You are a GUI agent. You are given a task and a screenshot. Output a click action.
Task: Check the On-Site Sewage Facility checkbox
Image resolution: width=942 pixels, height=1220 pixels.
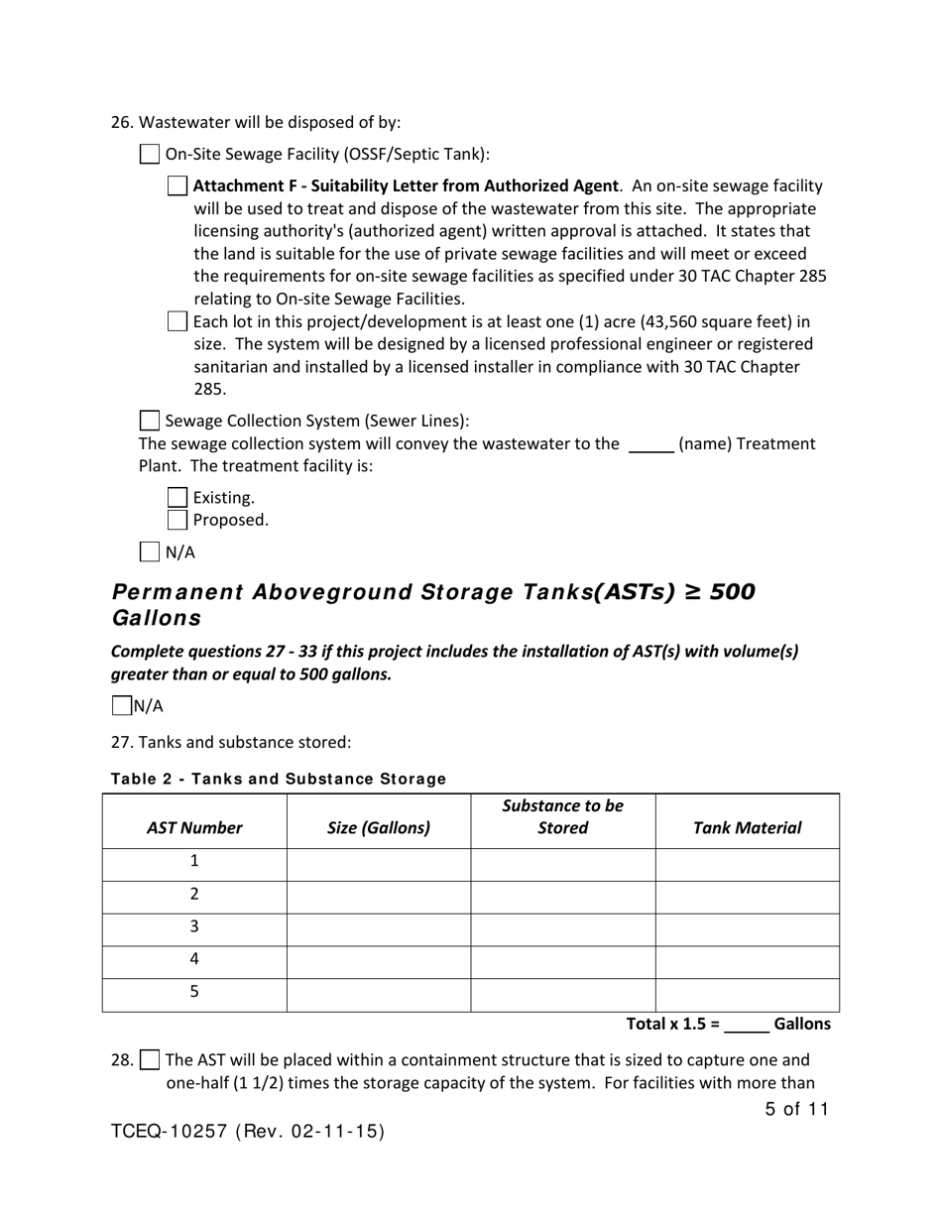149,154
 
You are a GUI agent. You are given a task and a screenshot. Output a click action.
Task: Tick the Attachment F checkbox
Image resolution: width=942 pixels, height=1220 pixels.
177,185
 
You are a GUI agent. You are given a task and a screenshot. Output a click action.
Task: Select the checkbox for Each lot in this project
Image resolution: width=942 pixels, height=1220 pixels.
177,321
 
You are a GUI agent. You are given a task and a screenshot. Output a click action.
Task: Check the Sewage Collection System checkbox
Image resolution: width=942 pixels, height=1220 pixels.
149,421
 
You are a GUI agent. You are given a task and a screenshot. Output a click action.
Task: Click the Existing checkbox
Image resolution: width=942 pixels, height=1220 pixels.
177,497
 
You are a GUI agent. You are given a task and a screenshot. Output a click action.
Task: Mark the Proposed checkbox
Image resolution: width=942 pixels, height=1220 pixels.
177,520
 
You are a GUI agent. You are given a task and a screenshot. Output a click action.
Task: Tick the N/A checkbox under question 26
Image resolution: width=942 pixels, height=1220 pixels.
149,551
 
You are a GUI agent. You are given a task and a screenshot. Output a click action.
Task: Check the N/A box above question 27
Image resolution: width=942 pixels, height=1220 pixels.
121,706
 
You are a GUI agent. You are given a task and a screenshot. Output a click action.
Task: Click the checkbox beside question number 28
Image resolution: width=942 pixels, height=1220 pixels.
149,1059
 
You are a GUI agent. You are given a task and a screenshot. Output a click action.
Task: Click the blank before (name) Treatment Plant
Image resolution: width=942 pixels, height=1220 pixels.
651,444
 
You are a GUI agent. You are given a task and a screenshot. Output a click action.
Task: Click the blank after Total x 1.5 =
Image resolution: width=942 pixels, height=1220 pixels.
747,1024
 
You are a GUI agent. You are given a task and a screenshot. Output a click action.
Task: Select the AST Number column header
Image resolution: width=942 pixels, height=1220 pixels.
194,828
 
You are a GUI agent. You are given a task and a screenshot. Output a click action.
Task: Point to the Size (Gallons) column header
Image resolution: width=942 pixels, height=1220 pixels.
379,828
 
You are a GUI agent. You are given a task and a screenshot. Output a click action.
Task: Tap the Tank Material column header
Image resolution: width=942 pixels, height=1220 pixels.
747,828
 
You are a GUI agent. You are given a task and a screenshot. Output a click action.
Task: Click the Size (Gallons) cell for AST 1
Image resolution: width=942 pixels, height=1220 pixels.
379,864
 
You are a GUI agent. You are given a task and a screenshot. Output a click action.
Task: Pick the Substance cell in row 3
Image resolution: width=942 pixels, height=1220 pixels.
562,929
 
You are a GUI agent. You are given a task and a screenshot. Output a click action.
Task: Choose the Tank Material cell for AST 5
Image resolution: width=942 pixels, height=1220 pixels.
747,995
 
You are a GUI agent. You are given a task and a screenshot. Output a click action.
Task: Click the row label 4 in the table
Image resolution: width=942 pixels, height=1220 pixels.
194,959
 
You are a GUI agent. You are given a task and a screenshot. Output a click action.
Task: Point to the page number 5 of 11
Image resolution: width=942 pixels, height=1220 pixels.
796,1109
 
